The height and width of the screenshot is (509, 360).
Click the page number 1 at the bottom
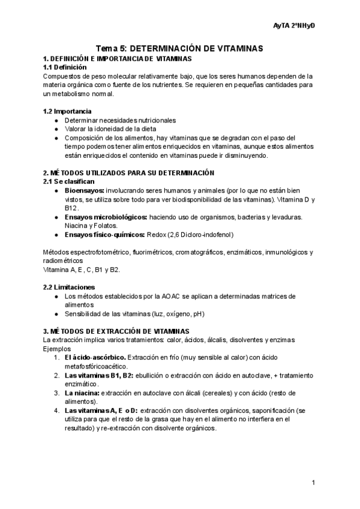(x=314, y=483)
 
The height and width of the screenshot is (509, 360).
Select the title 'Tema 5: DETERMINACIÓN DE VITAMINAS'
(x=180, y=49)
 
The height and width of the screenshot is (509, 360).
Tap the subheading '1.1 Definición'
(x=65, y=67)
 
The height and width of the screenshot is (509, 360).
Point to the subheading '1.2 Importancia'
(x=67, y=111)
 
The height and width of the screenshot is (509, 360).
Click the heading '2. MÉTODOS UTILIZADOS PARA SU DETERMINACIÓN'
(x=128, y=172)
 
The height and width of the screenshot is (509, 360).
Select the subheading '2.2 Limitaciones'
(x=69, y=287)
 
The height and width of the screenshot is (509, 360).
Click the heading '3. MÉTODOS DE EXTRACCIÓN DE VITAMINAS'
(x=116, y=331)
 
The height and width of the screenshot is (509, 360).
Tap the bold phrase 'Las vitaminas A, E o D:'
(x=101, y=411)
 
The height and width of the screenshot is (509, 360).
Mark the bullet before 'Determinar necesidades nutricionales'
(x=56, y=120)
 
